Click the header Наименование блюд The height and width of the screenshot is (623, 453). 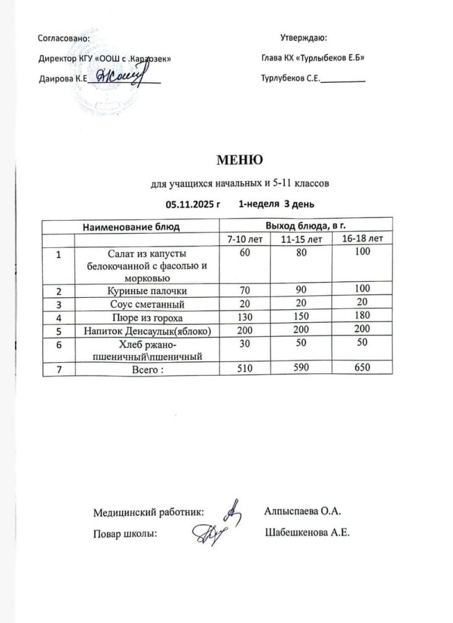point(131,227)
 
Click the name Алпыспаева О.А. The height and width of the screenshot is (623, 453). point(303,512)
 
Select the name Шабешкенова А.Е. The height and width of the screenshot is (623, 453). point(307,532)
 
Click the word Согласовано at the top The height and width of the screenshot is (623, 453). point(64,38)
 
